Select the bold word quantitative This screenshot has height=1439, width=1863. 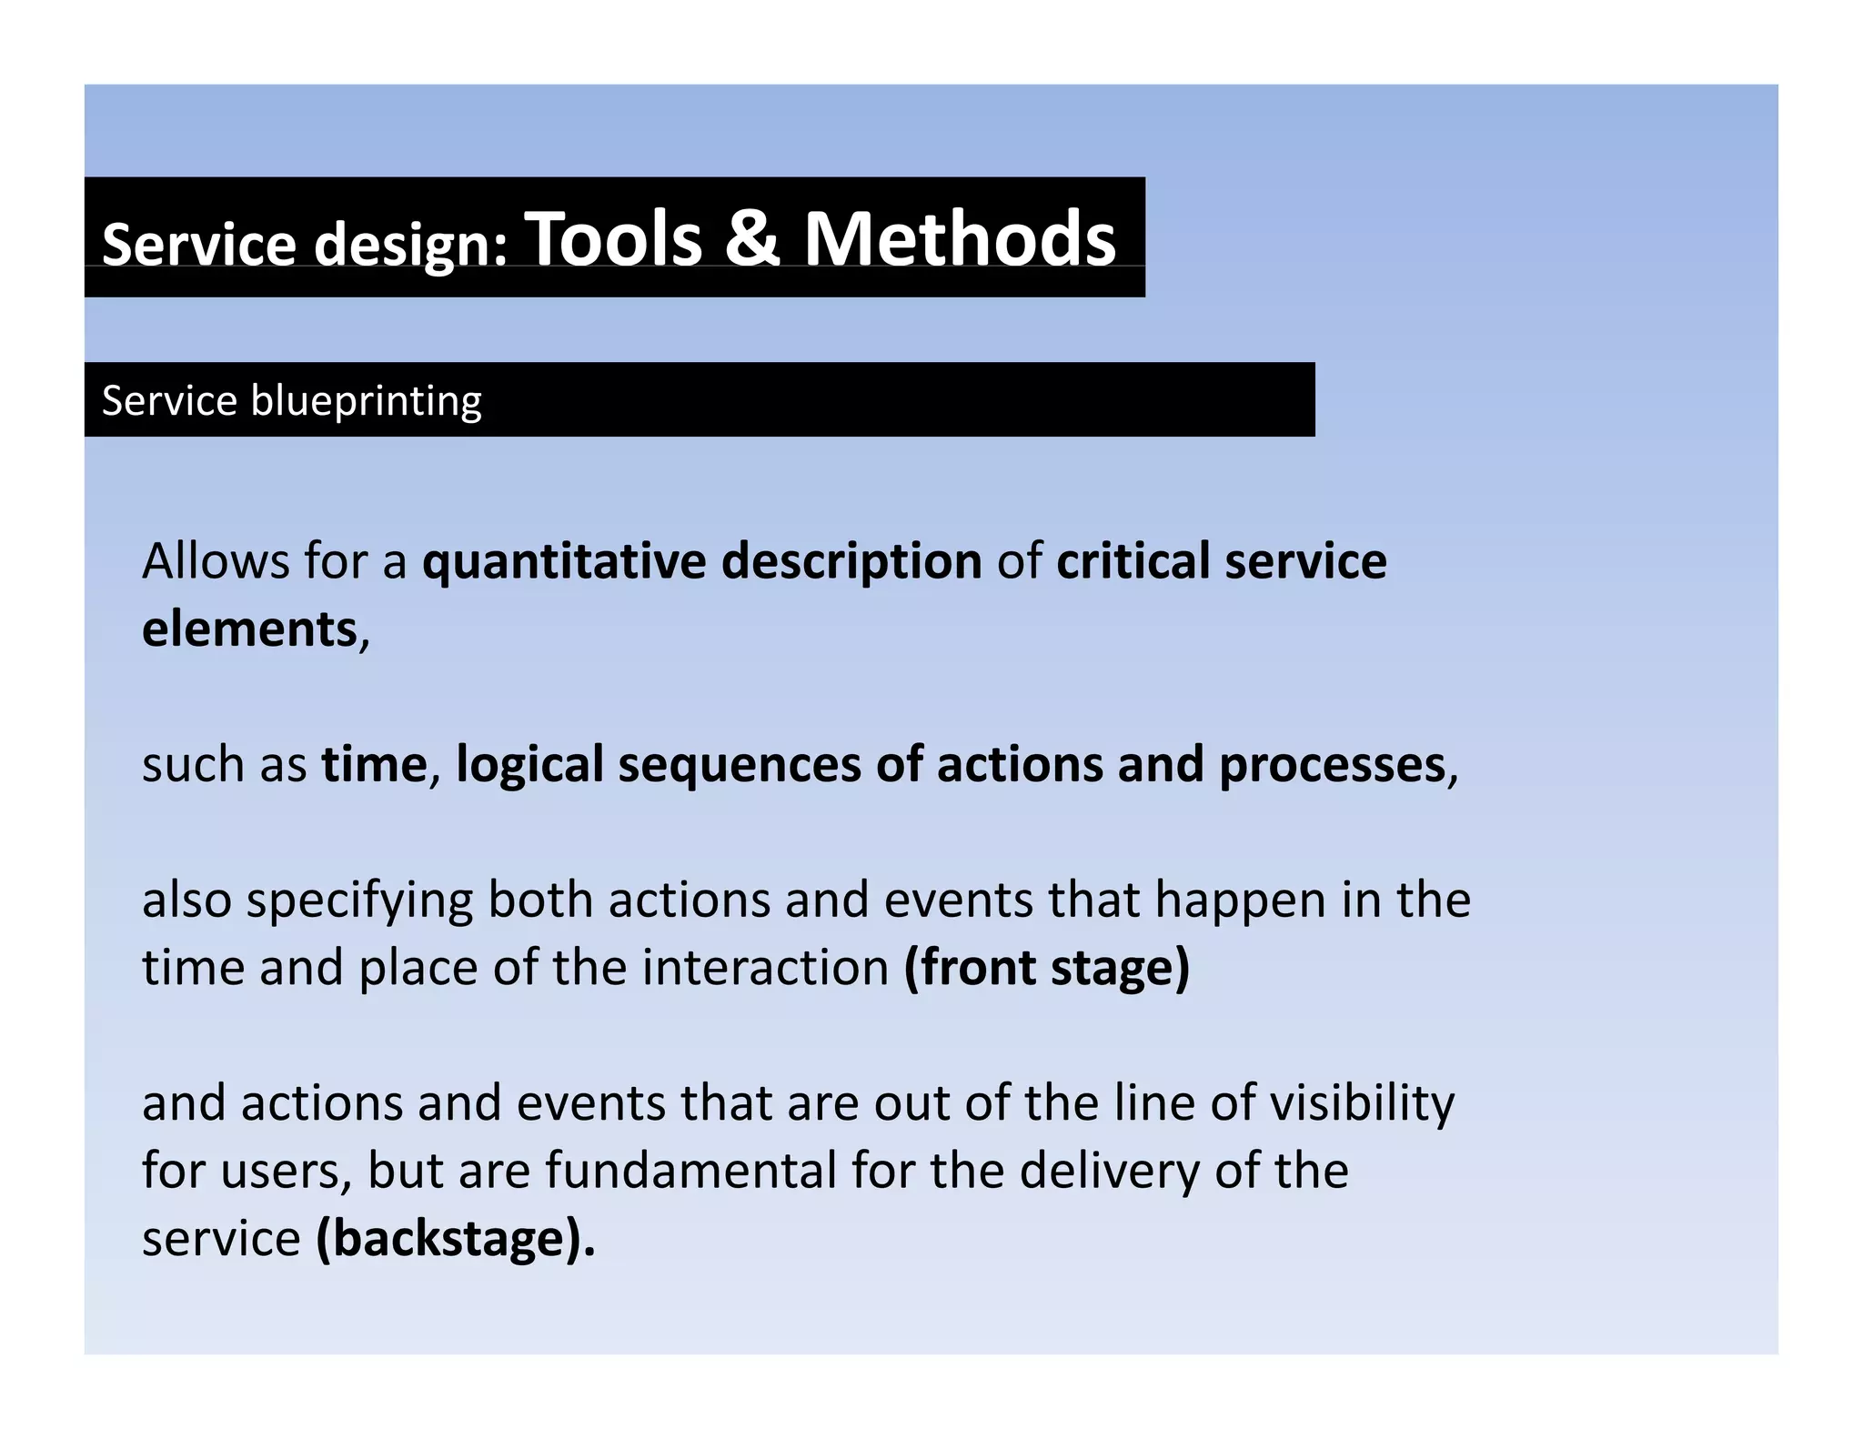[564, 561]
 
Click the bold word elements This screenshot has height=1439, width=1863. [250, 629]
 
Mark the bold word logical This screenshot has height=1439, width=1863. [529, 764]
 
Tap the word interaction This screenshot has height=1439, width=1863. [765, 967]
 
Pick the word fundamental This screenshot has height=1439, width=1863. [690, 1171]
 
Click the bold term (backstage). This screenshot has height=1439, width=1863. [455, 1239]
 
